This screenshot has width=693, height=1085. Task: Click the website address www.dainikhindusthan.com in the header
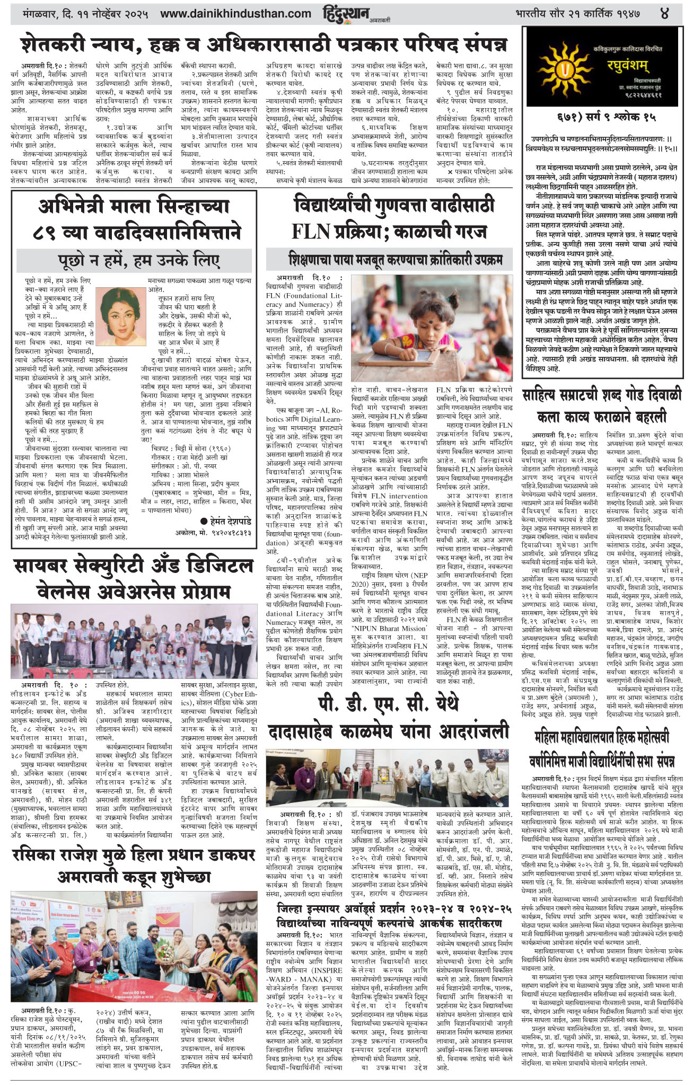point(235,13)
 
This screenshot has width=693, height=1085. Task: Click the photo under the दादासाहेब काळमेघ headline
point(388,779)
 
